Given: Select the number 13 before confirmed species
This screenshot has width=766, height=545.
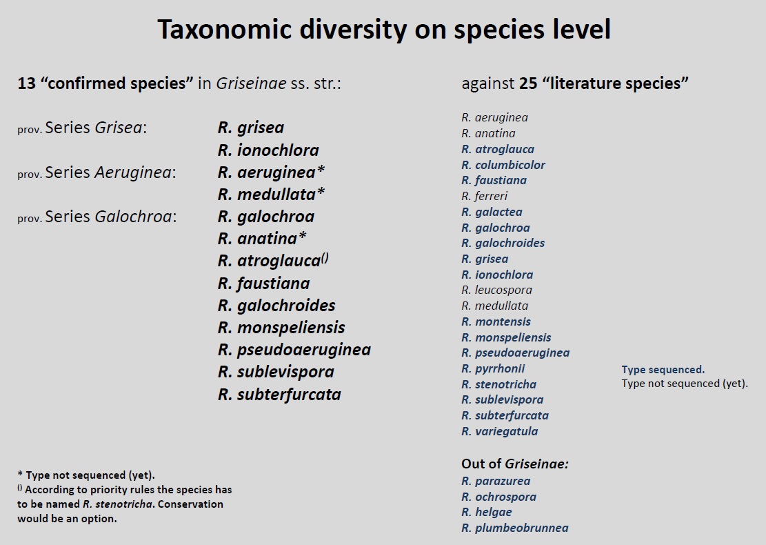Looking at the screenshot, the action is [27, 83].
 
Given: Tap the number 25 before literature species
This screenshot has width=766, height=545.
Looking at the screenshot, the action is [528, 83].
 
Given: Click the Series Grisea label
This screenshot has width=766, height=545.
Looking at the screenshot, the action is [96, 128].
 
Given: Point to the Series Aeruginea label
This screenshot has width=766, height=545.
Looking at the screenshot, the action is [110, 172].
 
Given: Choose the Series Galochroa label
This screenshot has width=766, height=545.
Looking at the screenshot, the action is [111, 217].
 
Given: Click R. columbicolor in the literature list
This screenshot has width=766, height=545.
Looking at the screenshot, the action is [503, 165].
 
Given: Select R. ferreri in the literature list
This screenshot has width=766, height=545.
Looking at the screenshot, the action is [485, 196].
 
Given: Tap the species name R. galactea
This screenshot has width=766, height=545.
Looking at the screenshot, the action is [492, 212].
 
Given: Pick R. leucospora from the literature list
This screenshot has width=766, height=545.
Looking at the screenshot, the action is [497, 290].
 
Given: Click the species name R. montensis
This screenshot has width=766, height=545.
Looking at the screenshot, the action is [496, 321].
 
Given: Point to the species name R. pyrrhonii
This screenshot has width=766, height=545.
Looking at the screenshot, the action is [493, 368].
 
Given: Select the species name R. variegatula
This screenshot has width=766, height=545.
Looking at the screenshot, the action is [500, 431].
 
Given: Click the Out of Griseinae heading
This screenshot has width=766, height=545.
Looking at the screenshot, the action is [515, 464].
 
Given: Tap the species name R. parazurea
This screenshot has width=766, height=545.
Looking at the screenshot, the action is [496, 481].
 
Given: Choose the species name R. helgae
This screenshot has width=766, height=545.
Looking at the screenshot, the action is [487, 513].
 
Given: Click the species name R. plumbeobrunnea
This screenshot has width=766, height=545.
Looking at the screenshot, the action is [515, 528].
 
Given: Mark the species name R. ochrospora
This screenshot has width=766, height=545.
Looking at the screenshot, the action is [498, 497].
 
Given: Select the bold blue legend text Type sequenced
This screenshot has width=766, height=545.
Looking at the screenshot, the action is [663, 370].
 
